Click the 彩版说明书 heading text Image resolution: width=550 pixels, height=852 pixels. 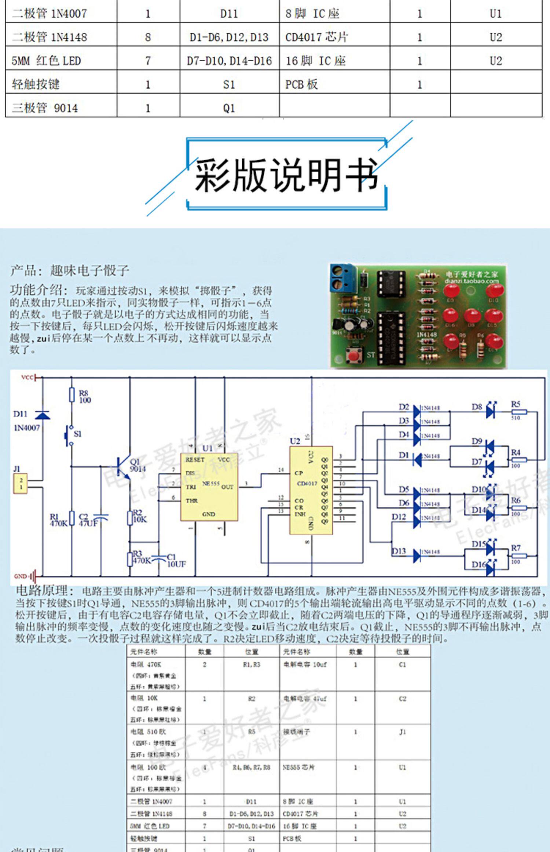[x=286, y=175]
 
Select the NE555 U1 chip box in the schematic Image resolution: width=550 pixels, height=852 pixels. [x=209, y=486]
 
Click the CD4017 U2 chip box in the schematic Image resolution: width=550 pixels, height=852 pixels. [x=311, y=490]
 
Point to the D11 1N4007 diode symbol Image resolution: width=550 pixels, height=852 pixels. [x=43, y=415]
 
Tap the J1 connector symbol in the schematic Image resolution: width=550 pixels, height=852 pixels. [x=21, y=483]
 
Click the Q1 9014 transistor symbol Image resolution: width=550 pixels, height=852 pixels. [x=123, y=467]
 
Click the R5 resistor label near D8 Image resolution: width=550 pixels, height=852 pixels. [x=516, y=404]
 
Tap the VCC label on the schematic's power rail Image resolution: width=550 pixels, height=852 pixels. [x=27, y=377]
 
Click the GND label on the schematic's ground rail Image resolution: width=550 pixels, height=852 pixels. [x=21, y=576]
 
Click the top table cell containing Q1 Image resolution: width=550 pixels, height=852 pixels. [x=229, y=108]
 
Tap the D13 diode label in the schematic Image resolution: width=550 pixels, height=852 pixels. [x=399, y=551]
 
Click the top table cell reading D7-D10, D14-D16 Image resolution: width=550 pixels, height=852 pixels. [x=229, y=61]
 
